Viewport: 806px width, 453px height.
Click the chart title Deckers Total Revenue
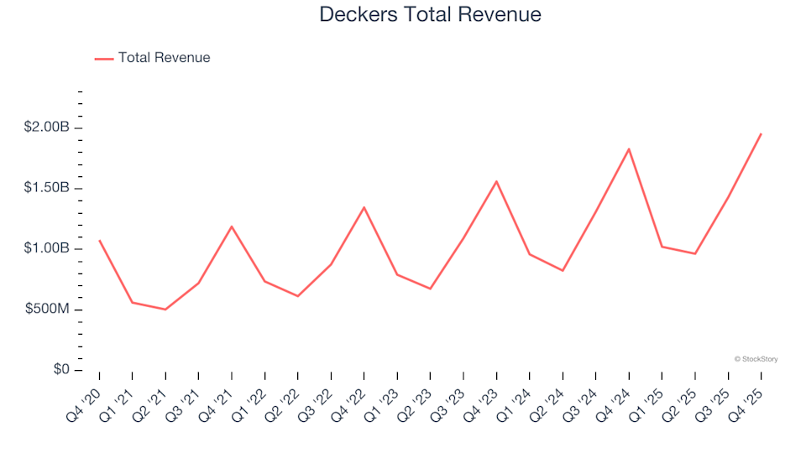point(430,15)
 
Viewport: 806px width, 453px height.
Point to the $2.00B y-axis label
point(47,128)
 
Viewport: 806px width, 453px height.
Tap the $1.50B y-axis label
point(47,188)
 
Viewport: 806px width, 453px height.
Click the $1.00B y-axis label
point(47,249)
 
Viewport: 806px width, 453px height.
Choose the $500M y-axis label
point(47,310)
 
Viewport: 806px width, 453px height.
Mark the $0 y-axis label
point(61,370)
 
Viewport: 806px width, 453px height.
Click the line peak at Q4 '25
point(761,134)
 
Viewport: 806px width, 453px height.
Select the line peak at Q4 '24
point(629,149)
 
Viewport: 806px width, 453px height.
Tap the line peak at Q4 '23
point(496,181)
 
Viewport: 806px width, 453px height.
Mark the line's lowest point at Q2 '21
point(165,310)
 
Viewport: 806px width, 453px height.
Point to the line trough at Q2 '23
point(430,289)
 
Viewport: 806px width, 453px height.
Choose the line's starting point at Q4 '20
point(99,241)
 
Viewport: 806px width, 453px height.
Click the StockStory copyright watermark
point(756,359)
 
